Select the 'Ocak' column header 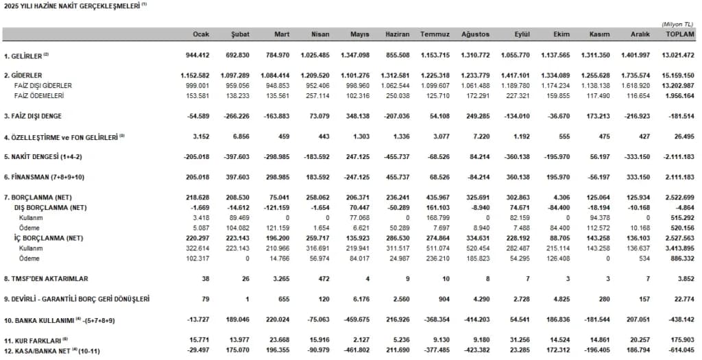(200, 34)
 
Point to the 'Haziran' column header (398, 34)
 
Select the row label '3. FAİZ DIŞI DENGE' (38, 116)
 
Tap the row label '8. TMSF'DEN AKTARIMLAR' (47, 279)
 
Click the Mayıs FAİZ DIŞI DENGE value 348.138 (355, 116)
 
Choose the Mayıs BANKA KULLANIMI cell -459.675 (354, 320)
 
